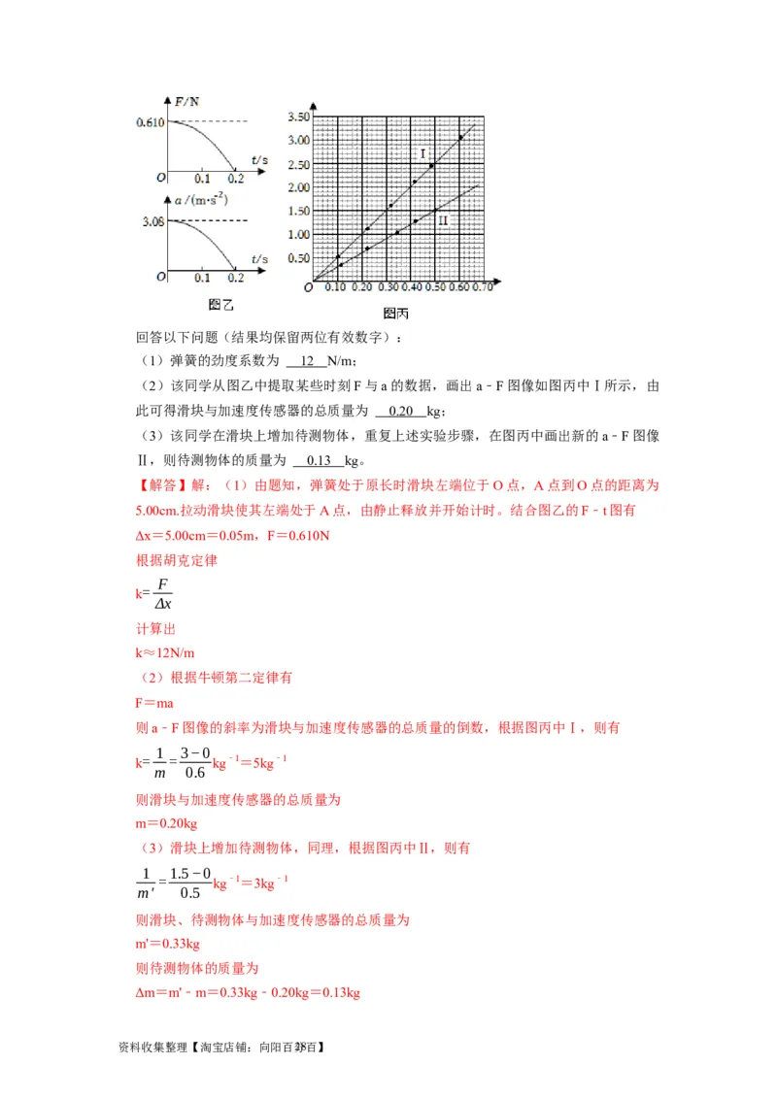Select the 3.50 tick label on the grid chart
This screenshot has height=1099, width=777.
(x=298, y=117)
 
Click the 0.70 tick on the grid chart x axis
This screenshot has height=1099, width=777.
(x=482, y=287)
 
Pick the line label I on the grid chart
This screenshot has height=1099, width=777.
(x=423, y=154)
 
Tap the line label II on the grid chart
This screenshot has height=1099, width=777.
(x=443, y=221)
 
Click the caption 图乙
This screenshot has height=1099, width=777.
(x=221, y=305)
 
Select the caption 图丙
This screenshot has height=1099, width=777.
(x=395, y=314)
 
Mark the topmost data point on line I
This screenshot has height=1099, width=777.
(x=460, y=138)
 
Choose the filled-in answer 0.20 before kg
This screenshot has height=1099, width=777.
(x=399, y=410)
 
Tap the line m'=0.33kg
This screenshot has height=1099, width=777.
(x=167, y=943)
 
